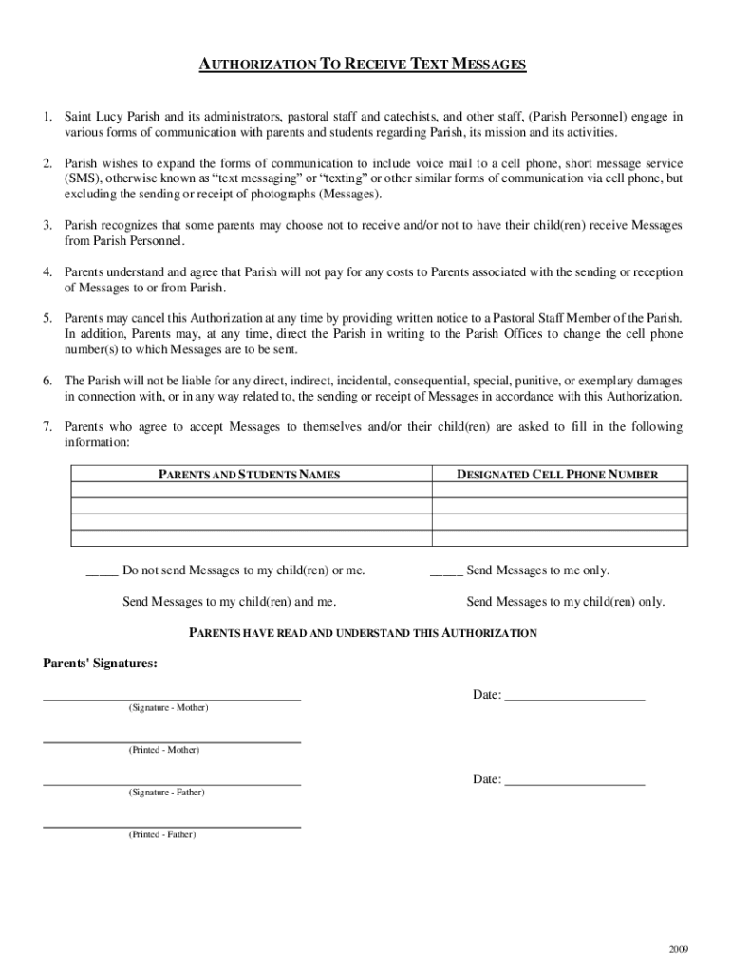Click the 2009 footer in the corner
pos(678,950)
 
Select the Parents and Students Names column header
pos(249,475)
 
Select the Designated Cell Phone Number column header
pos(557,475)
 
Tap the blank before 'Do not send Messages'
pos(102,571)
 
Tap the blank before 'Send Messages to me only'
pos(446,571)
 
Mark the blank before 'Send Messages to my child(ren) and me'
pos(102,602)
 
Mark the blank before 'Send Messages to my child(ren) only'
pos(446,602)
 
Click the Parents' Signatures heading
pos(100,664)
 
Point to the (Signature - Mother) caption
pos(169,708)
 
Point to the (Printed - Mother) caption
pos(164,750)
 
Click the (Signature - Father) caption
pos(166,792)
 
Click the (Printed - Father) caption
pos(162,834)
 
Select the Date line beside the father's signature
pos(574,781)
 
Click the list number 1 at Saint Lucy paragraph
pos(47,117)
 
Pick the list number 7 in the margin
pos(47,427)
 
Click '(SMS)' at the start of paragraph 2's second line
pos(82,178)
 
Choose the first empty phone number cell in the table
pos(557,491)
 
